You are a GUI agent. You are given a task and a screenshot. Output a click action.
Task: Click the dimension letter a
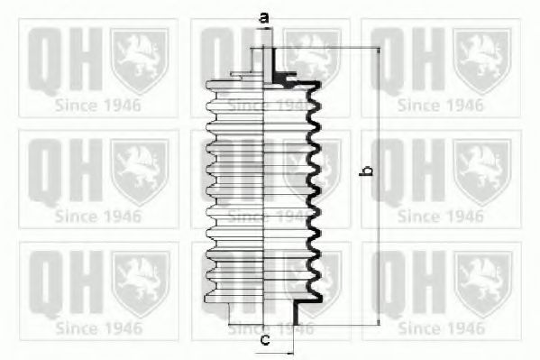point(264,16)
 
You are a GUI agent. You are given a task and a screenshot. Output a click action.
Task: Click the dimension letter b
point(366,171)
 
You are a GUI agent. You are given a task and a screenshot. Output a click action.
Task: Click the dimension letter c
point(264,339)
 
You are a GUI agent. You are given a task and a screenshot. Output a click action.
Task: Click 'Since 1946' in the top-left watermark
point(98,105)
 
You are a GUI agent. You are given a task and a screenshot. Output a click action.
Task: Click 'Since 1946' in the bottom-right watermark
point(441,328)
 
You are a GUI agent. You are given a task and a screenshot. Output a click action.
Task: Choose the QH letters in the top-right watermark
point(404,60)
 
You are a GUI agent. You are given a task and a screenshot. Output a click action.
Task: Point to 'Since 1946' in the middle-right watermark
point(441,217)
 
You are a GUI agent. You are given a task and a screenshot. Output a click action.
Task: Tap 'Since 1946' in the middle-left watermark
point(98,217)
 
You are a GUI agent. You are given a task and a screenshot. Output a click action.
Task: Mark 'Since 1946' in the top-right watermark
point(441,105)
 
